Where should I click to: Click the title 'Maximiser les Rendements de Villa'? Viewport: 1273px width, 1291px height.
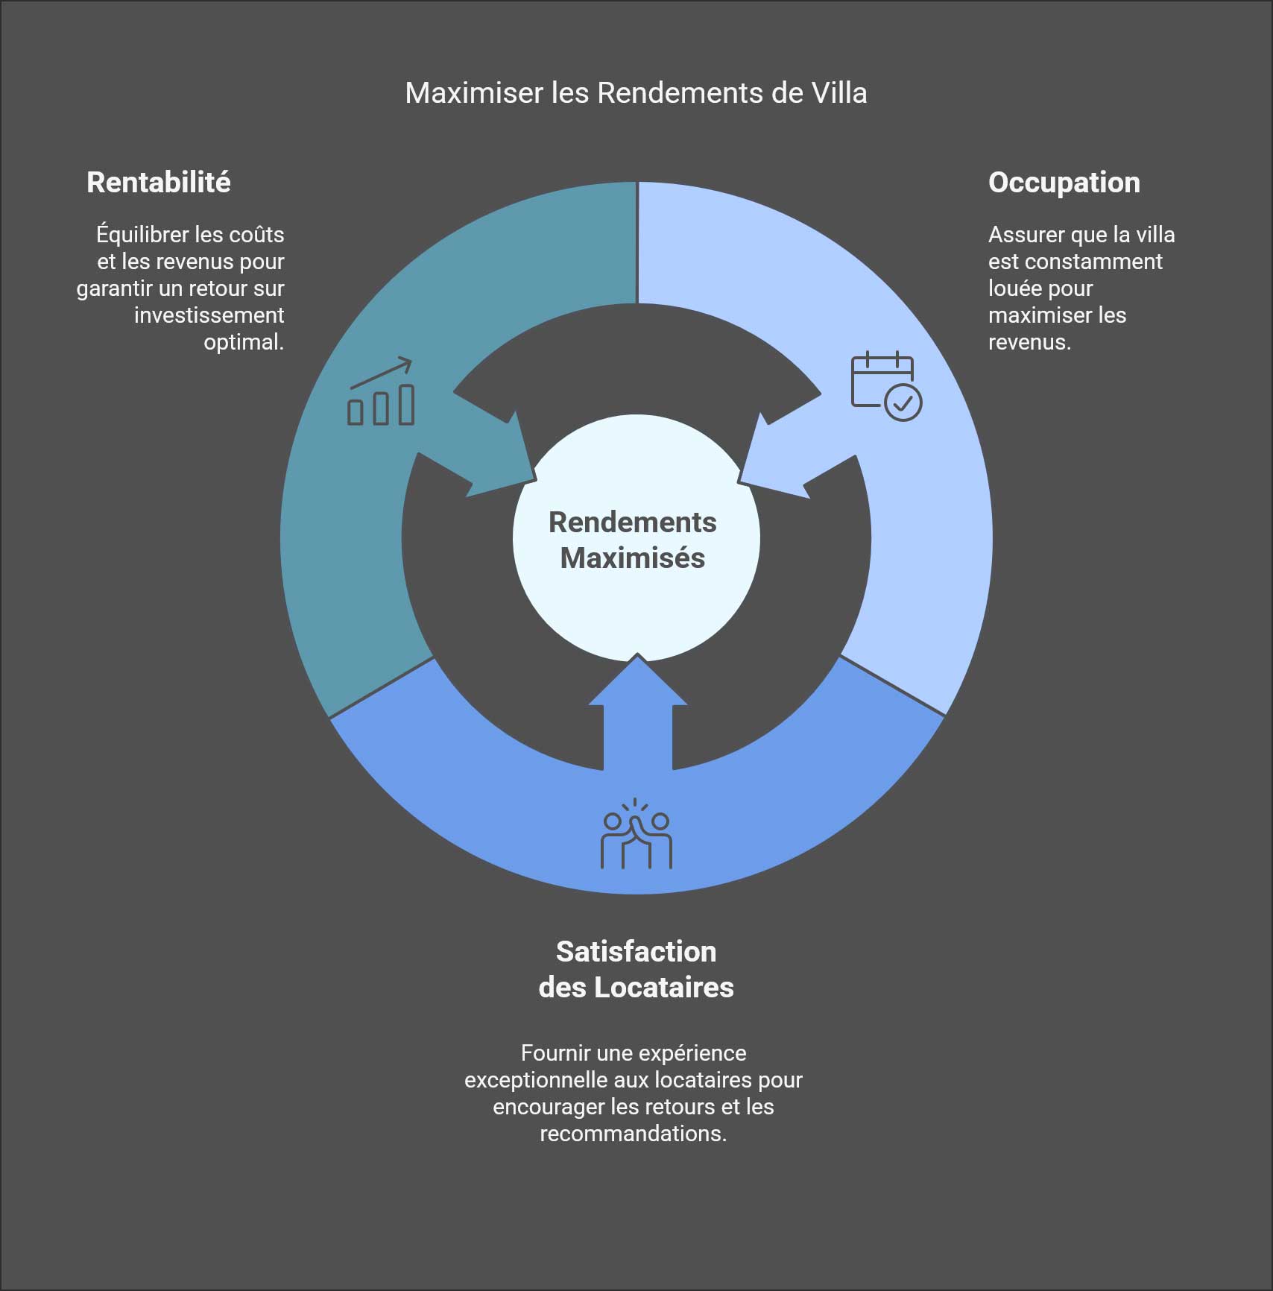[636, 93]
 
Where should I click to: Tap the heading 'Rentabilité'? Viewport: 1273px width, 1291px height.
[159, 183]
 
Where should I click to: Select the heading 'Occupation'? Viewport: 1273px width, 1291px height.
[1064, 183]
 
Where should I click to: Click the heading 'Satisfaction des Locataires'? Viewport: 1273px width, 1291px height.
[636, 969]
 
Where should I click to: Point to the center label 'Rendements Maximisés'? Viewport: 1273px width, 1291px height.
[633, 540]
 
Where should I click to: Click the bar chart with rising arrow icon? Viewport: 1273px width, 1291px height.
[381, 392]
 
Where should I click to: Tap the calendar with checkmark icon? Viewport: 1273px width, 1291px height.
[886, 386]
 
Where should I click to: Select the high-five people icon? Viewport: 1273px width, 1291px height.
[636, 834]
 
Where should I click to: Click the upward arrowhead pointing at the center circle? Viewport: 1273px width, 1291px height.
[637, 680]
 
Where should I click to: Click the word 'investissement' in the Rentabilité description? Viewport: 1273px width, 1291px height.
[209, 315]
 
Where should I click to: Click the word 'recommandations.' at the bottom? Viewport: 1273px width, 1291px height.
[634, 1134]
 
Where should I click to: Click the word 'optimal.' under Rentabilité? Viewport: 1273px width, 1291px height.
[244, 342]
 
